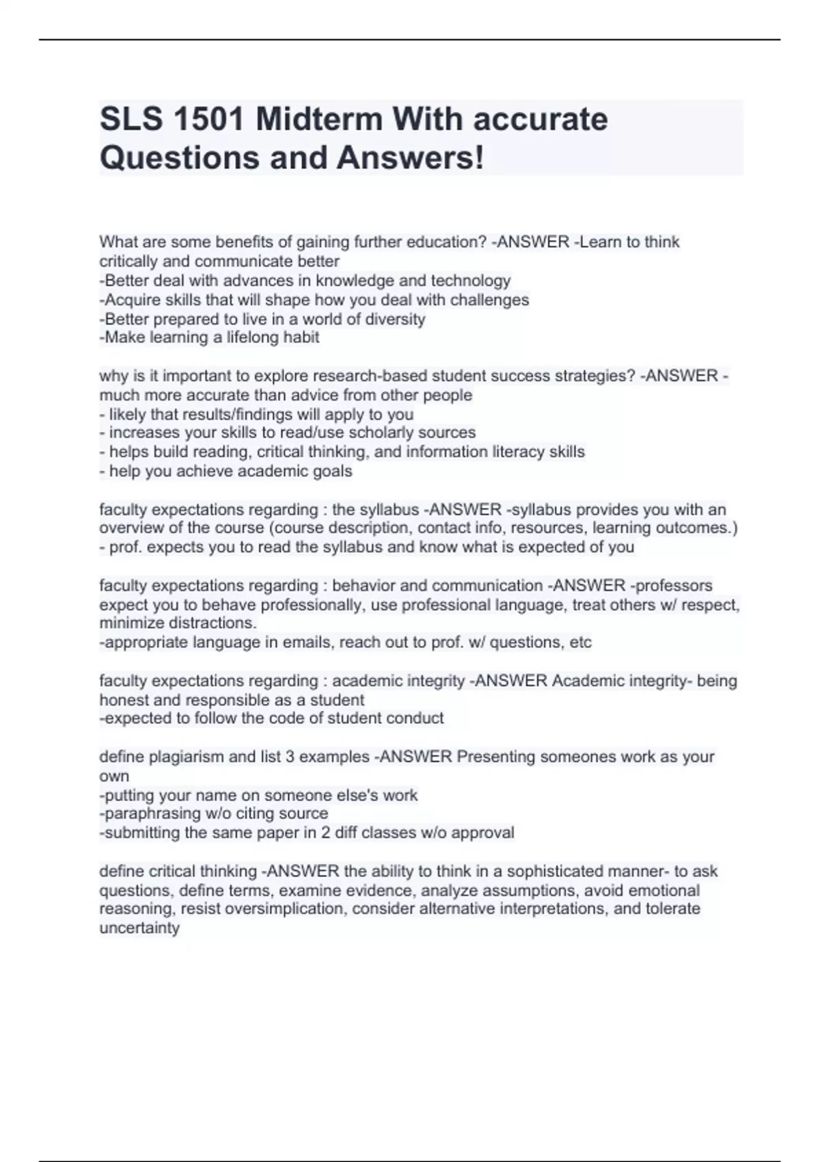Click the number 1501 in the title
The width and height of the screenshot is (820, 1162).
tap(210, 120)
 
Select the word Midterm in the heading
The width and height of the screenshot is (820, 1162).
tap(319, 120)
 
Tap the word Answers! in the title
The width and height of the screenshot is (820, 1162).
tap(410, 158)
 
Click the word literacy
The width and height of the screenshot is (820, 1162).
tap(511, 452)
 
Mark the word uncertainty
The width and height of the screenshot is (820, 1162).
tap(139, 928)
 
